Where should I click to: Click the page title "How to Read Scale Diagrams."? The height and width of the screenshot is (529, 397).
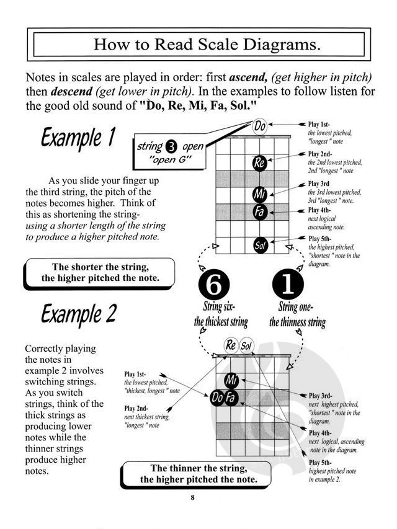point(198,45)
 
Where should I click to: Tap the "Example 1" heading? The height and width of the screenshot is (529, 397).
point(77,138)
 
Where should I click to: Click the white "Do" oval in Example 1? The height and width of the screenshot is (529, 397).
point(261,127)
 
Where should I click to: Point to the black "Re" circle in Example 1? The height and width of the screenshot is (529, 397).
point(260,163)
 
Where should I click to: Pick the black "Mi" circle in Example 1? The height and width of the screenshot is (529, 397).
point(260,195)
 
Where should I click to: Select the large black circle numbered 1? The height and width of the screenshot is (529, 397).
point(288,285)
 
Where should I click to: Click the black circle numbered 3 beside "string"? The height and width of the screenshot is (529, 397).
point(172,148)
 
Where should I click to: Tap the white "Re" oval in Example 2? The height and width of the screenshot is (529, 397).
point(231,345)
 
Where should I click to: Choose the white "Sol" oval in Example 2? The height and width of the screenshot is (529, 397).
point(246,346)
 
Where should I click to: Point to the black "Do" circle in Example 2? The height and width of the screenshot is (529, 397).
point(216,397)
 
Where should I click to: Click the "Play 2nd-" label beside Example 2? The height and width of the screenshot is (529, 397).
point(137,408)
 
